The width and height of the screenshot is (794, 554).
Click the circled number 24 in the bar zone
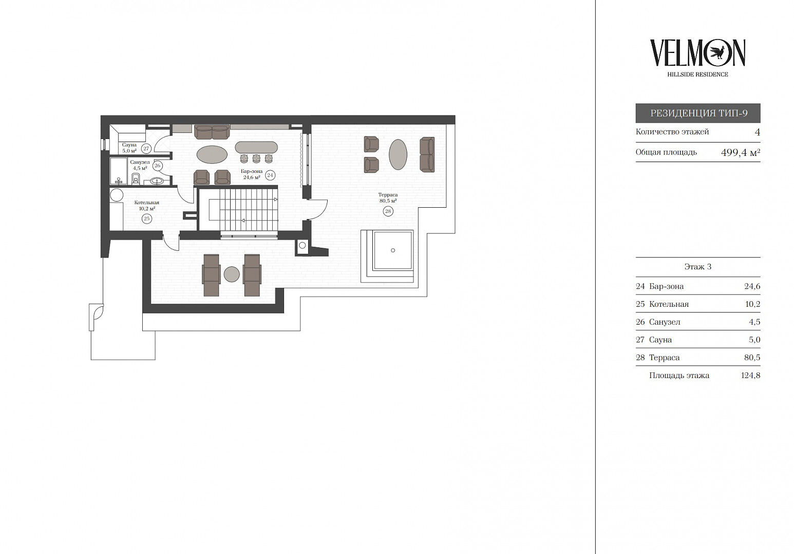point(270,175)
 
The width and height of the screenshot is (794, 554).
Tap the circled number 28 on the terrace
point(388,211)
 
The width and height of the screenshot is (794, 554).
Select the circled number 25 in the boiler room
point(147,219)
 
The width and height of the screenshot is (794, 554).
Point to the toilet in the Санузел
point(136,179)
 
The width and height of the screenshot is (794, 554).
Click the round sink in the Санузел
point(157,181)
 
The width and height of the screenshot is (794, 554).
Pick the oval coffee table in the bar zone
point(212,155)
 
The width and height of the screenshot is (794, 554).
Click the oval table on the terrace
point(398,154)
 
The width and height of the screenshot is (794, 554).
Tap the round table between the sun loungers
point(232,274)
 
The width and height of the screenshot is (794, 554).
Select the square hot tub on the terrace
point(393,250)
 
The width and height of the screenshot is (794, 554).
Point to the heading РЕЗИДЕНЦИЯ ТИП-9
point(698,113)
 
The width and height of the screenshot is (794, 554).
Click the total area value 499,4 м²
point(741,152)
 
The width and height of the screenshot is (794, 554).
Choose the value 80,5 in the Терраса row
point(752,358)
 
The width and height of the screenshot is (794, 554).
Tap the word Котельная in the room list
point(669,304)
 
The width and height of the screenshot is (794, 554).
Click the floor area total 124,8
point(751,375)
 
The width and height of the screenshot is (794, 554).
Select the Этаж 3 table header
point(698,267)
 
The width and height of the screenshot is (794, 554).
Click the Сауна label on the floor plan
point(129,145)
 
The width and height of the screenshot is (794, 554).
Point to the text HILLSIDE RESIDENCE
point(697,74)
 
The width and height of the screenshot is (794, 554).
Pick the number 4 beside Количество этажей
point(758,132)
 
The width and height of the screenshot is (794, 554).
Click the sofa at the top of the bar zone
point(212,132)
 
